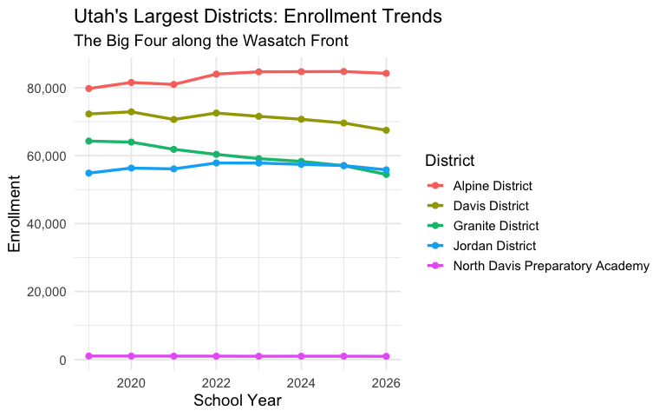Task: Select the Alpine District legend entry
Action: click(493, 186)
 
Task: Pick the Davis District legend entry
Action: click(490, 206)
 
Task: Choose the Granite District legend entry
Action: click(494, 226)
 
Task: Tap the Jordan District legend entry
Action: click(493, 246)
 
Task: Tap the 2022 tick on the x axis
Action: click(216, 382)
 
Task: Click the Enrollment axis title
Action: click(15, 213)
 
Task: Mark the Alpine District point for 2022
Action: click(216, 74)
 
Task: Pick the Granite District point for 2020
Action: click(131, 142)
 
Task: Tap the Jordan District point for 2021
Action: click(173, 169)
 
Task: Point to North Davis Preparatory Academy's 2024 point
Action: click(301, 356)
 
